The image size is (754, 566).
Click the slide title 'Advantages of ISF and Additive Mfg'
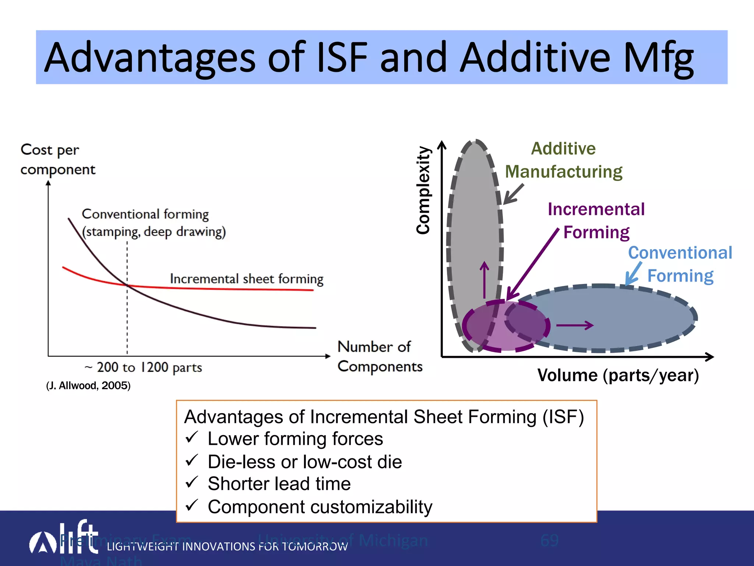(368, 57)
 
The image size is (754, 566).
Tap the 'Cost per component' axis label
(57, 160)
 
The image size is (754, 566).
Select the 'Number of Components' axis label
(379, 356)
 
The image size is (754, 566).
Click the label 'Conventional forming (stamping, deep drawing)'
(153, 223)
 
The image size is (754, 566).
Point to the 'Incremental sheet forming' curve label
(246, 279)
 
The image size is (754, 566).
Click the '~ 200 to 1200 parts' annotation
(144, 367)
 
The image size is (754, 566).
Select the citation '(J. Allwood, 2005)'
(88, 385)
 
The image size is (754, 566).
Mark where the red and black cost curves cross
(127, 285)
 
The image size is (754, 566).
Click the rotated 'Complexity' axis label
(423, 190)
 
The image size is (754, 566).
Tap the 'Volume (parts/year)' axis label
(618, 375)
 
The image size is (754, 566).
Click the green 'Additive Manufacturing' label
(563, 160)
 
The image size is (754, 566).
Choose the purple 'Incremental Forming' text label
(596, 220)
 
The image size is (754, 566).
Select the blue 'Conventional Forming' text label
(680, 264)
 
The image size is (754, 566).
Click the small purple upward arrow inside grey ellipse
(485, 280)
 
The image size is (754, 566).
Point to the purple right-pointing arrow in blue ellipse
(574, 325)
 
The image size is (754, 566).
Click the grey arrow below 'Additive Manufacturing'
(513, 194)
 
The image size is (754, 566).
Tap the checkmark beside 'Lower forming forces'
(192, 438)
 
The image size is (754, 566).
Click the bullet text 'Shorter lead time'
(279, 483)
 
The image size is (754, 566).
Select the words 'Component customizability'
(320, 507)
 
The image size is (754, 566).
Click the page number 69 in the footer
(549, 540)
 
